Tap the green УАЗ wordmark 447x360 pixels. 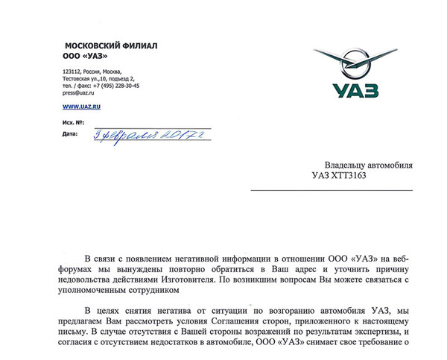tap(355, 90)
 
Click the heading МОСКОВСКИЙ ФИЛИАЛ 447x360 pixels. tap(110, 46)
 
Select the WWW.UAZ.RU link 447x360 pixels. tap(81, 107)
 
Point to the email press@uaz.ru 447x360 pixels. tap(78, 92)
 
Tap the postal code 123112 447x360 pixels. tap(72, 71)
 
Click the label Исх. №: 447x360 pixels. tap(73, 121)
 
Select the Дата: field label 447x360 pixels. tap(70, 134)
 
